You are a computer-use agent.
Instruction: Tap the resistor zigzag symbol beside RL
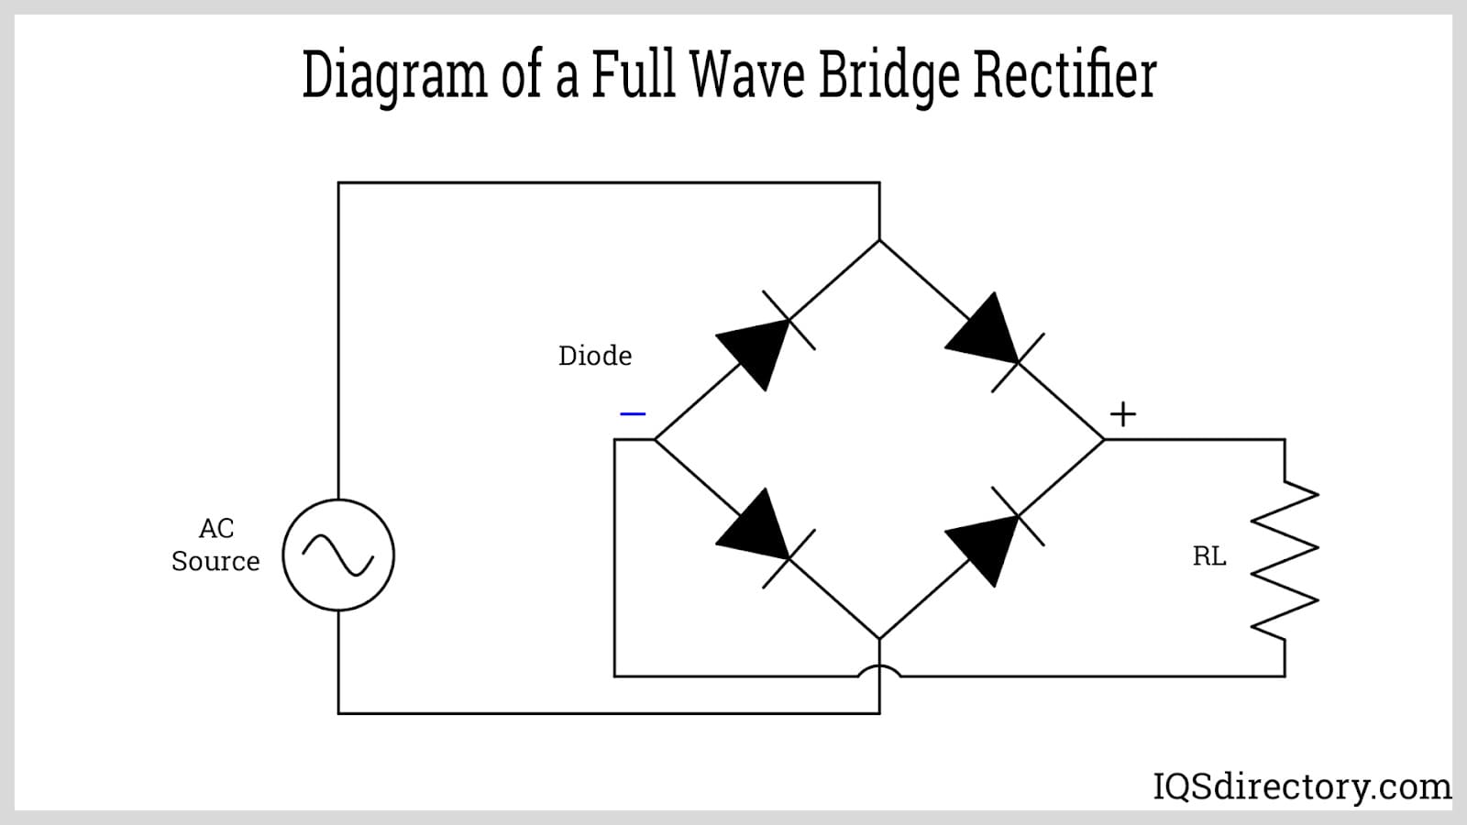tap(1285, 559)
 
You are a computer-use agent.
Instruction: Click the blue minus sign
tap(633, 413)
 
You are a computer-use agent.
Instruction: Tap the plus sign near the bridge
tap(1122, 414)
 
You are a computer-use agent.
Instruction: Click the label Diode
tap(595, 356)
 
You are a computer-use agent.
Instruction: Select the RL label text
tap(1208, 556)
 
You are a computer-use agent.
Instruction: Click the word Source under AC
tap(215, 561)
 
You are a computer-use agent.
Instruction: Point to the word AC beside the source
tap(216, 528)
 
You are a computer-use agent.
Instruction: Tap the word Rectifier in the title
tap(1064, 75)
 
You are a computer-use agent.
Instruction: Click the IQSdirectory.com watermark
tap(1301, 786)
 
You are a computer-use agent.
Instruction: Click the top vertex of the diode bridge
tap(879, 240)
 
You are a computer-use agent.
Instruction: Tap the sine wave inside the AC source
tap(338, 555)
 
